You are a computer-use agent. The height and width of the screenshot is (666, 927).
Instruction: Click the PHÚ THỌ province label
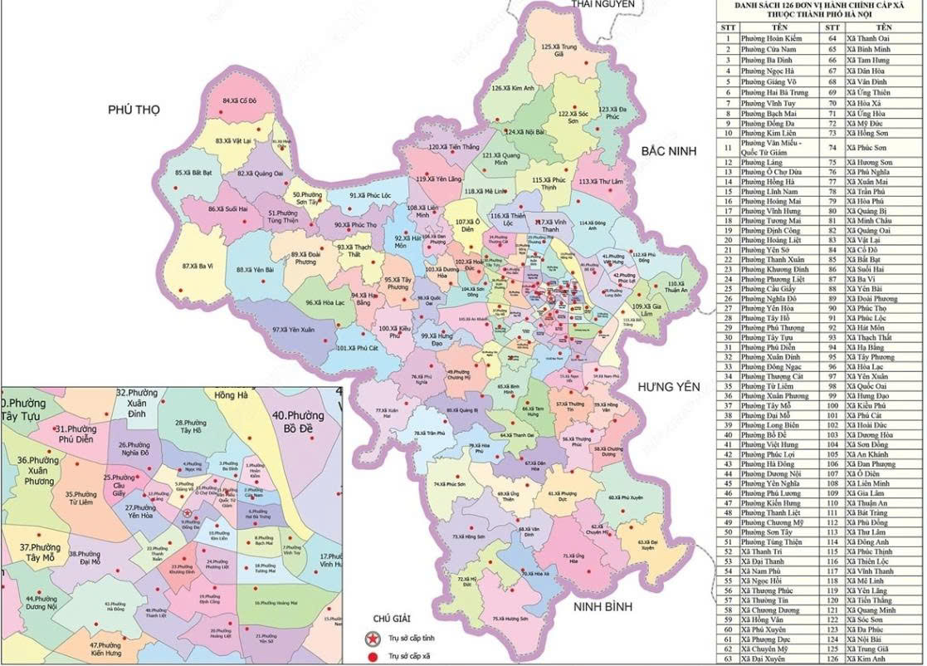(x=132, y=110)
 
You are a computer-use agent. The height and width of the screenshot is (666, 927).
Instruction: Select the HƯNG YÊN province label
(x=669, y=387)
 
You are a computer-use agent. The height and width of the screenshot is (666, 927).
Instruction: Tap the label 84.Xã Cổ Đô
(x=240, y=100)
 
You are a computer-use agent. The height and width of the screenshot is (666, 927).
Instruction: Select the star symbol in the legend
(x=369, y=639)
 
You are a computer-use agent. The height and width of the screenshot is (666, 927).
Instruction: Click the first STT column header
(x=728, y=27)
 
